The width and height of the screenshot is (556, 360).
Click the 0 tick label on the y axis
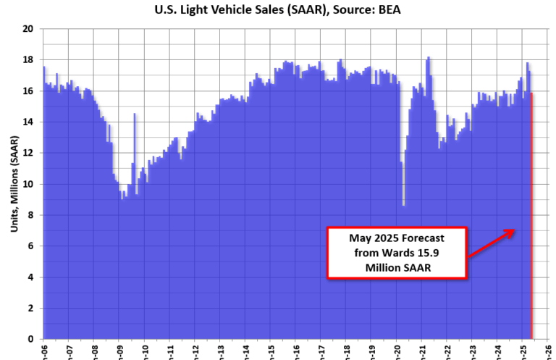[30, 339]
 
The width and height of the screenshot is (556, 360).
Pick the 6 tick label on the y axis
[30, 246]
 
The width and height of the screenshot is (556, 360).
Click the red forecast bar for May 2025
[532, 217]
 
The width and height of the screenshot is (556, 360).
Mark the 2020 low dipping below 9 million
[403, 205]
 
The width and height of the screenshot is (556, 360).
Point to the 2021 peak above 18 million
[429, 58]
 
